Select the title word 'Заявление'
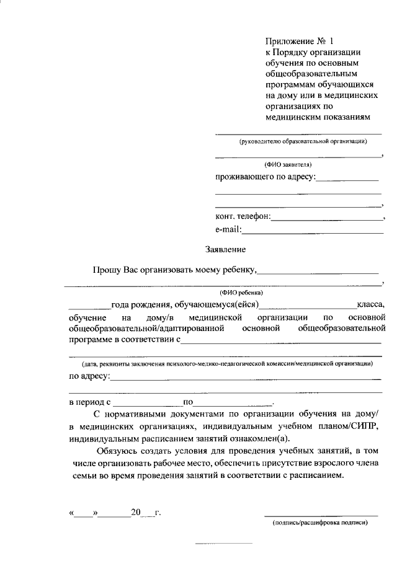tap(226, 250)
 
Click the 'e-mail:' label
tap(228, 230)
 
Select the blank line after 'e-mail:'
tap(312, 232)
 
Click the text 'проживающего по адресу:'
tap(265, 178)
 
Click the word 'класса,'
tap(370, 304)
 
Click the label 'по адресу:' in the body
tap(89, 376)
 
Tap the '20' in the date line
tap(136, 513)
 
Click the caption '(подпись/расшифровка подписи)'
tap(321, 523)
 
